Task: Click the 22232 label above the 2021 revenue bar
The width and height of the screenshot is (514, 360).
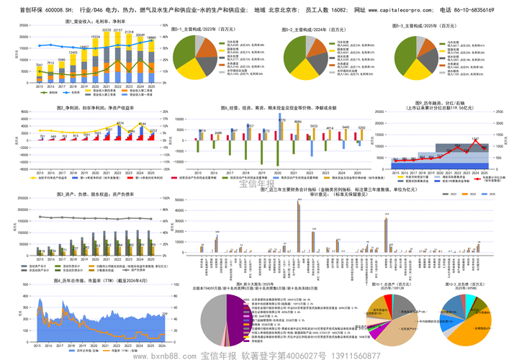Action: click(x=107, y=31)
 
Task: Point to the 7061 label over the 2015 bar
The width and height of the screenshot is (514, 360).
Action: click(x=40, y=64)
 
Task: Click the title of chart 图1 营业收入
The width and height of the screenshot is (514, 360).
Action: click(x=86, y=22)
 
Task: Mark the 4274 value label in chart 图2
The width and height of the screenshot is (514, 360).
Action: click(x=120, y=123)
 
